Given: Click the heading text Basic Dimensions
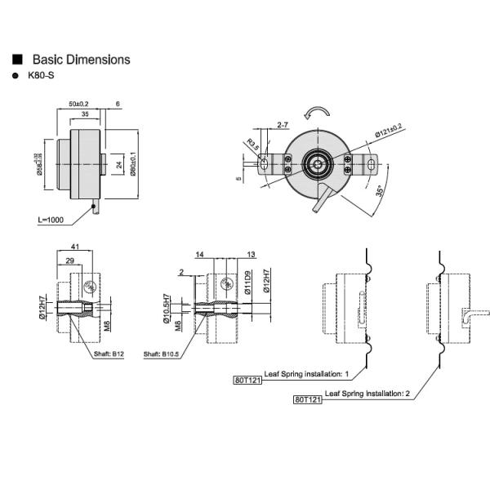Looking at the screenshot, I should [x=81, y=60].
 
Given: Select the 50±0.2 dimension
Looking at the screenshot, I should [x=78, y=105].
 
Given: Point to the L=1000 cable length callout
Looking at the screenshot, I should [x=51, y=220].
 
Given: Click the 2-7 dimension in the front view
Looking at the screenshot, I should [x=283, y=125].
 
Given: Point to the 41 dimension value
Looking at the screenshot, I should [x=74, y=246].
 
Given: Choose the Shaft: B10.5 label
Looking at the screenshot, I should [x=161, y=354].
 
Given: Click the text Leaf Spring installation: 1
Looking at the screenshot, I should [x=306, y=372].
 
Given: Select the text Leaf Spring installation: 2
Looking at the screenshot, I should [x=367, y=394].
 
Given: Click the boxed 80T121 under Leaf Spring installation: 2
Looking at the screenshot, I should [x=307, y=399].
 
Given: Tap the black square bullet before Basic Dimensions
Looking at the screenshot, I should [x=16, y=60].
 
